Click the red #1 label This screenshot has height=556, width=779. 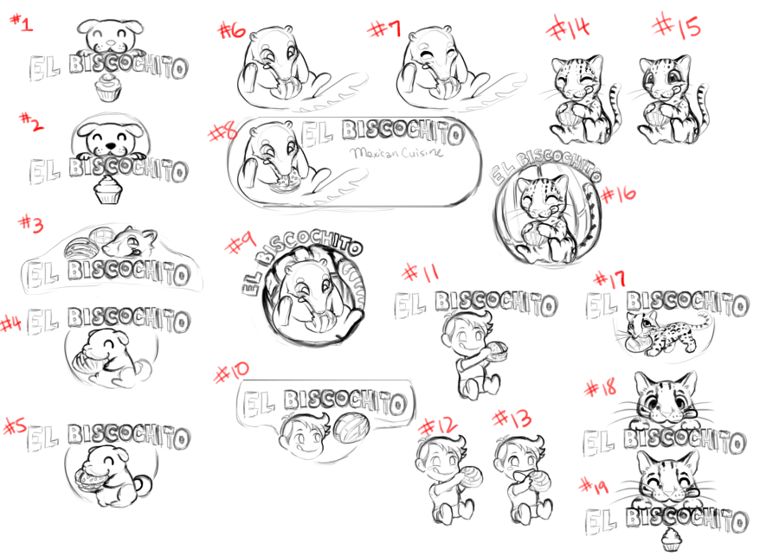click(22, 22)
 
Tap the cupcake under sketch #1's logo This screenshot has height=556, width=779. click(108, 88)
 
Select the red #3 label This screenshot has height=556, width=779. click(31, 224)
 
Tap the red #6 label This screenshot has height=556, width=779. click(232, 31)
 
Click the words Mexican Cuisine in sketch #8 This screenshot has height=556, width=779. click(396, 152)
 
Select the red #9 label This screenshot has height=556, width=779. click(241, 243)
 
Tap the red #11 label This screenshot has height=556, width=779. click(421, 272)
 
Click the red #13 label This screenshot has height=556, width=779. click(512, 419)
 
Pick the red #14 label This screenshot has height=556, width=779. click(568, 28)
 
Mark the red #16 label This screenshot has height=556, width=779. click(618, 194)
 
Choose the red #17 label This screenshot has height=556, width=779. click(610, 279)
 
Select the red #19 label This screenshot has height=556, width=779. click(594, 486)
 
